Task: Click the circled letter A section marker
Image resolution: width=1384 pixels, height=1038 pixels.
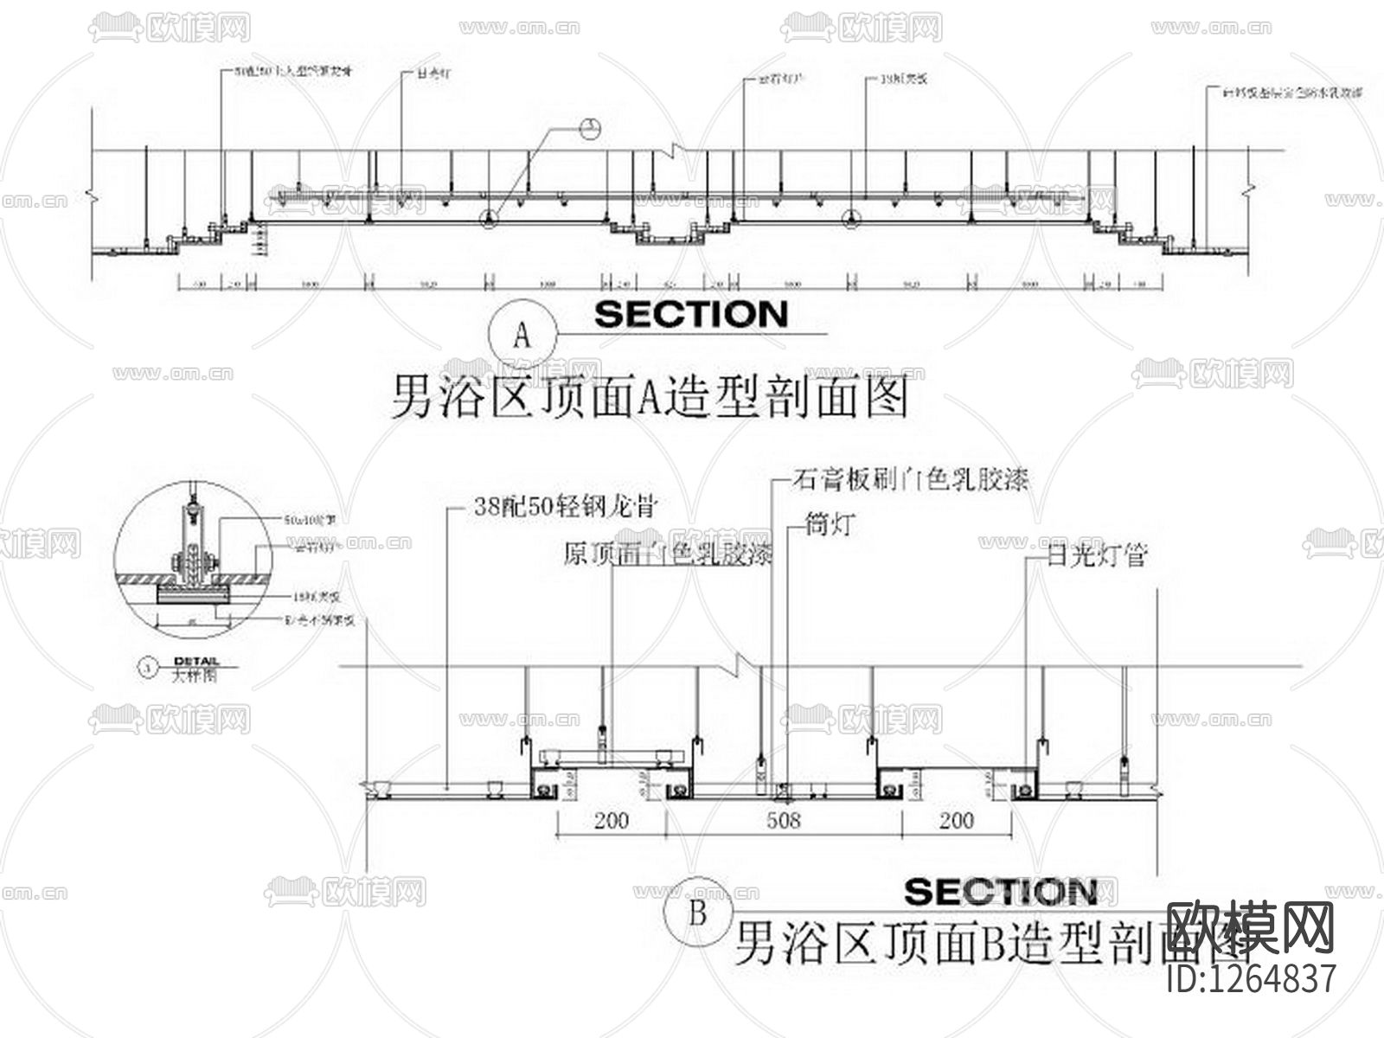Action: (521, 335)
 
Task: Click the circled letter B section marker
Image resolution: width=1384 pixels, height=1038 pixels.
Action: (698, 913)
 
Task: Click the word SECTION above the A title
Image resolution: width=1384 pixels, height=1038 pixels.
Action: (691, 314)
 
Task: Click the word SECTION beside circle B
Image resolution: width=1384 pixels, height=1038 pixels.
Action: (1001, 892)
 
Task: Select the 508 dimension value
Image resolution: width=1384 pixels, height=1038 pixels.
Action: (784, 820)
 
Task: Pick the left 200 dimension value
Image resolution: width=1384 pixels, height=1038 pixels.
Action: (612, 820)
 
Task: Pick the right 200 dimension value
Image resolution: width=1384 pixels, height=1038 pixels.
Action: (956, 820)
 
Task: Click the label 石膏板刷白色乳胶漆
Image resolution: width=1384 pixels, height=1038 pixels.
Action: (910, 479)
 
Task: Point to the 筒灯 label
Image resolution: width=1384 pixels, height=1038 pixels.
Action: (830, 524)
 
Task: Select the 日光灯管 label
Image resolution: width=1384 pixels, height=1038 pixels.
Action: (1096, 555)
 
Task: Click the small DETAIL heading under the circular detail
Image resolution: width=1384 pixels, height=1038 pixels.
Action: (196, 661)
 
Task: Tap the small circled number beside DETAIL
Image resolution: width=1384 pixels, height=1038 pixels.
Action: (148, 667)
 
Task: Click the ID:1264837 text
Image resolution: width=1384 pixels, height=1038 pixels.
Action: (1251, 978)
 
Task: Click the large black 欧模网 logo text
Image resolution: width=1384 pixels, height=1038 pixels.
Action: (1251, 927)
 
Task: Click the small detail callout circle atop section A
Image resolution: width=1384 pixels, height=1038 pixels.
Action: (590, 130)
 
